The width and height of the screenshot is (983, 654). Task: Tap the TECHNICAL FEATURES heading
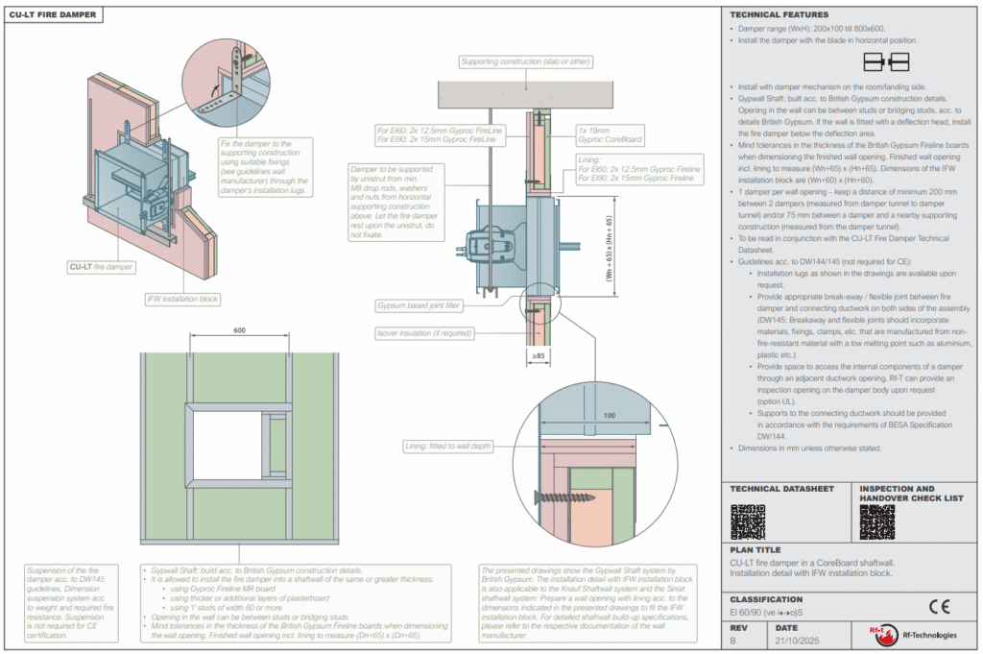(x=779, y=15)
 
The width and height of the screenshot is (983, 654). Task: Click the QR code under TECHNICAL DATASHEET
(x=747, y=521)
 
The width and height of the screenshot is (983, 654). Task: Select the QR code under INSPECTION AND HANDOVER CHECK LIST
(x=877, y=521)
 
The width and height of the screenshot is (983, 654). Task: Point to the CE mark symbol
(x=938, y=605)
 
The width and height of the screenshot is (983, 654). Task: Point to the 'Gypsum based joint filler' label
(x=420, y=305)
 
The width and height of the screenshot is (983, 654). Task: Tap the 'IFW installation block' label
(x=182, y=299)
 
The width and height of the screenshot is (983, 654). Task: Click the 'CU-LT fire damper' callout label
(x=101, y=266)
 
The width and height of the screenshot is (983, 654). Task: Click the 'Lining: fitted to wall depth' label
(x=449, y=447)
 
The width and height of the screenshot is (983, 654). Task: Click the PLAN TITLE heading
(x=756, y=551)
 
